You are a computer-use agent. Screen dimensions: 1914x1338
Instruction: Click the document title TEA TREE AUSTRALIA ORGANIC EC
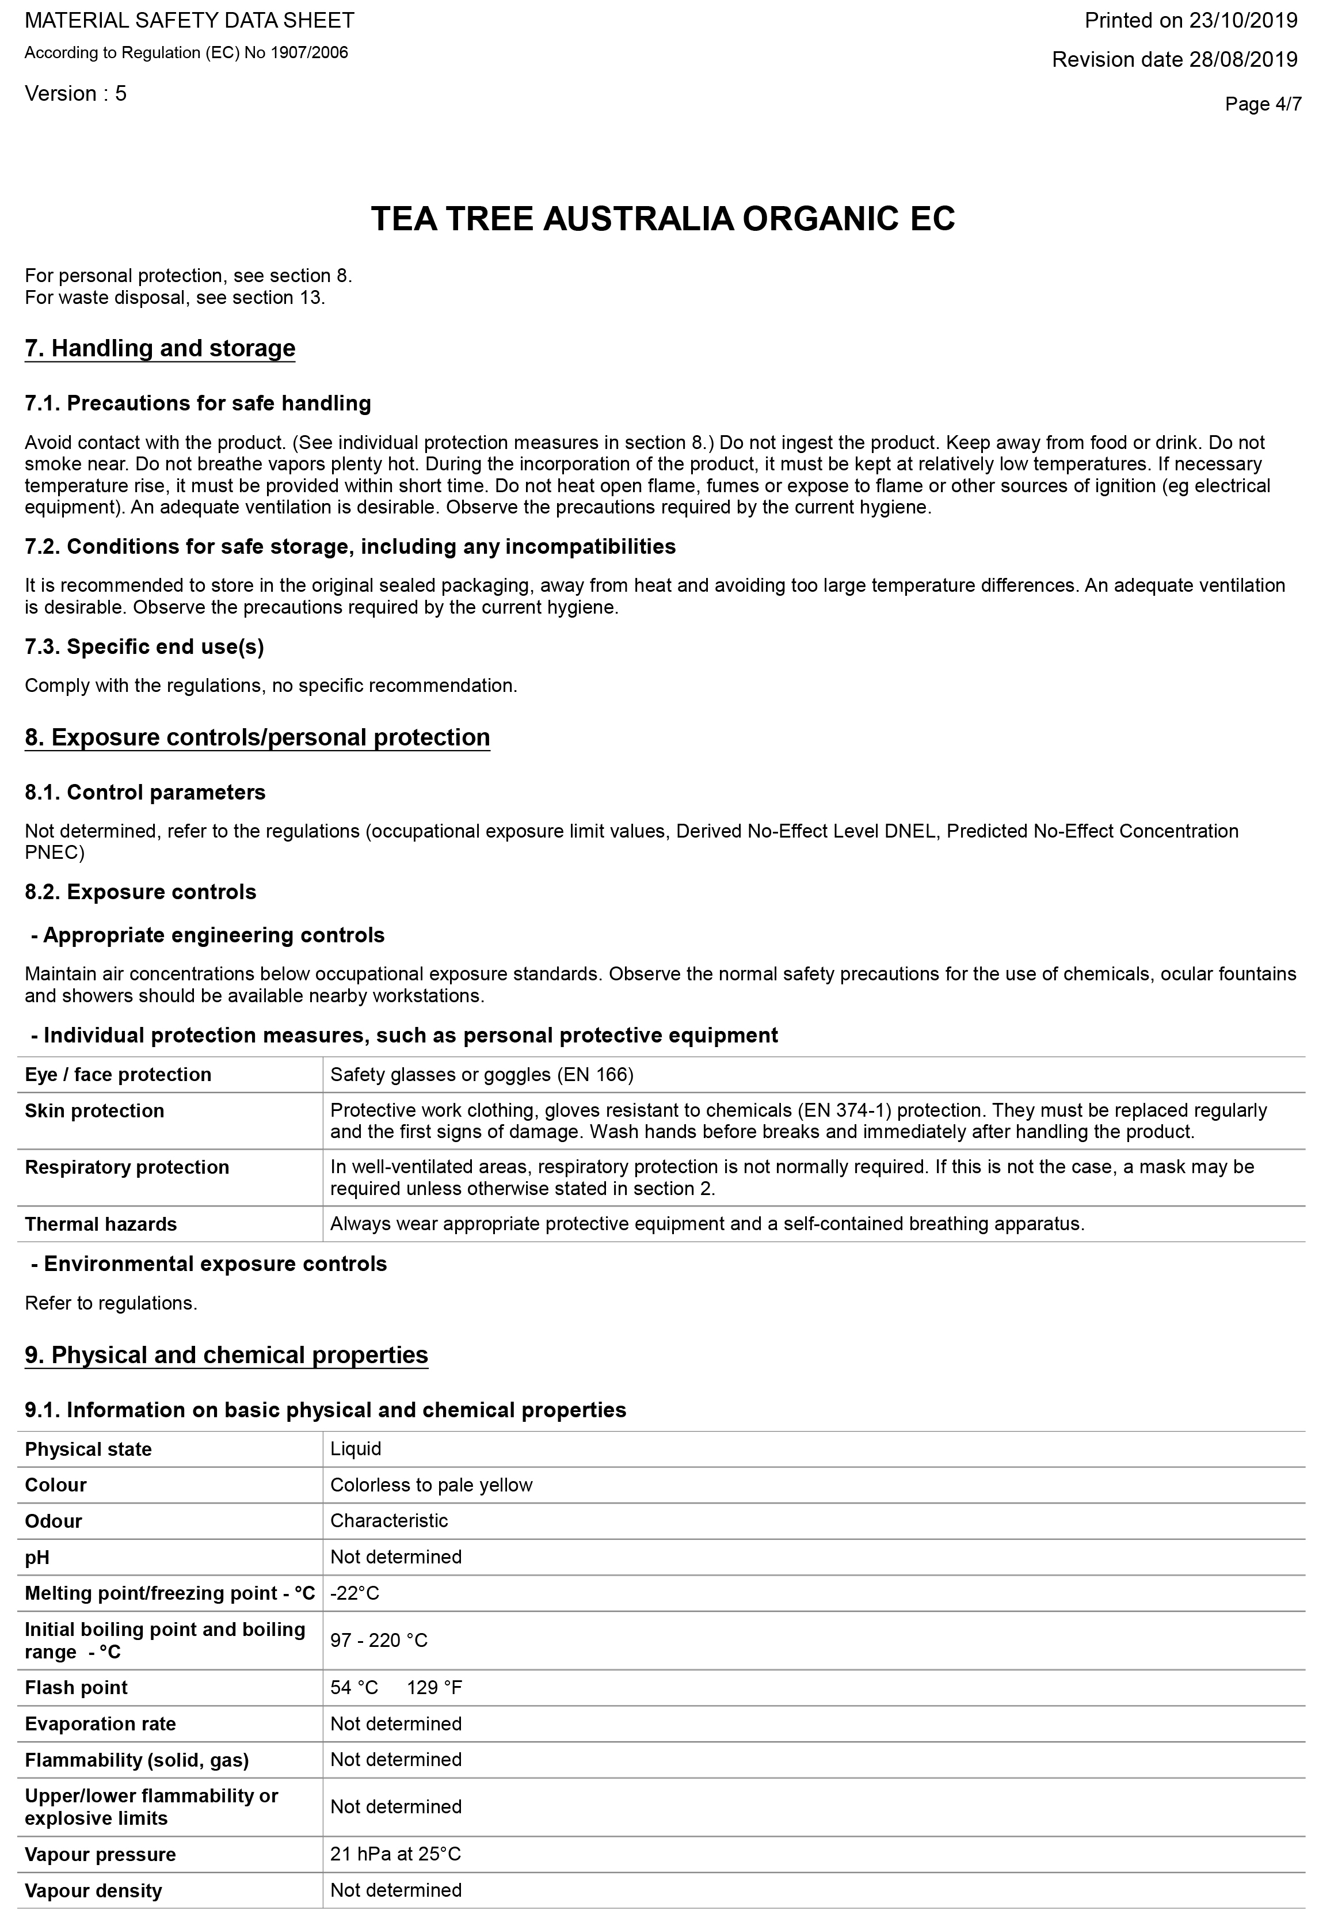(x=663, y=219)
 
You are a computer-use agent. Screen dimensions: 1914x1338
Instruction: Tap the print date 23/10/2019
(x=1243, y=21)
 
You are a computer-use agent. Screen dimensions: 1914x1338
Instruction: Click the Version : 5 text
(x=76, y=93)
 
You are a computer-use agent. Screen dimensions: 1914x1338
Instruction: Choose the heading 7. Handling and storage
(x=160, y=348)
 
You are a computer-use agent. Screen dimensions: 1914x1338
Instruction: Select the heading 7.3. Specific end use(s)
(x=144, y=647)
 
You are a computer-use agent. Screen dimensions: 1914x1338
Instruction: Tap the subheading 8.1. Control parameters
(x=145, y=793)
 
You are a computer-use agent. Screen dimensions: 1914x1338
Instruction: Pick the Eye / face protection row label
(x=119, y=1075)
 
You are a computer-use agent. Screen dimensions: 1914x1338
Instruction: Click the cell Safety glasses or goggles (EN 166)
(x=482, y=1075)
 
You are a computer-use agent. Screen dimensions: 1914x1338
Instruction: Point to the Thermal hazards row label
(x=101, y=1224)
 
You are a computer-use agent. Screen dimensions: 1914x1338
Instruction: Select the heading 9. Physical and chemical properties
(x=227, y=1356)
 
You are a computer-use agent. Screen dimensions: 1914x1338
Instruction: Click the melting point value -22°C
(x=354, y=1594)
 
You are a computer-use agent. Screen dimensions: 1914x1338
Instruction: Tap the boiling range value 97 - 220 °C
(x=379, y=1641)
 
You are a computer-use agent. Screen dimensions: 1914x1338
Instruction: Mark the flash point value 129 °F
(x=434, y=1688)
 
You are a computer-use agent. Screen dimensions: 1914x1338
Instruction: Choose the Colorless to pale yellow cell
(x=431, y=1486)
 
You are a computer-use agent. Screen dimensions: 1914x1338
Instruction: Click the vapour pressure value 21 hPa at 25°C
(x=395, y=1855)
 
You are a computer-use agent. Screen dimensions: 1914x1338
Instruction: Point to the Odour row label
(x=54, y=1521)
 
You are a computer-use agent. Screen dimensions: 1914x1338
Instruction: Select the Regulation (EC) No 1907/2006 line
(x=186, y=54)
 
